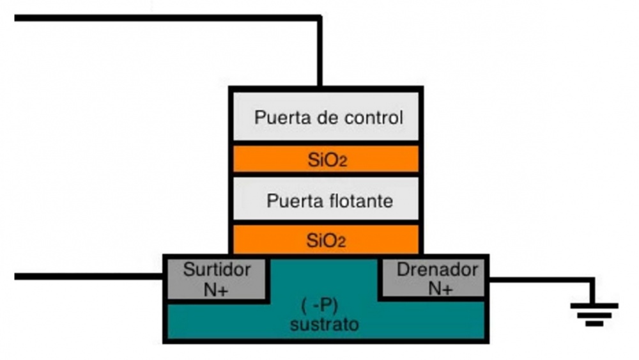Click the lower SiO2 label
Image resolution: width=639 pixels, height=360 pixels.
click(327, 241)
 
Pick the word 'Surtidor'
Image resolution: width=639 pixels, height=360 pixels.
click(217, 270)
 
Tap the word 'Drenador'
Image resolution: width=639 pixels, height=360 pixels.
click(437, 270)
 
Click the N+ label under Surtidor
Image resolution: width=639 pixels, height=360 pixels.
click(217, 289)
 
